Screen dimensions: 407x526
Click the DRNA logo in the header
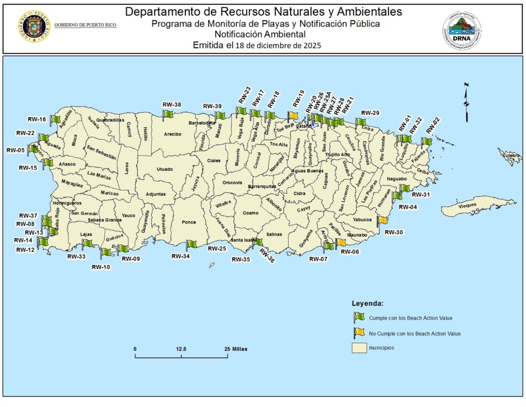(462, 31)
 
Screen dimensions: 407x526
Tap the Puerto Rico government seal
(33, 26)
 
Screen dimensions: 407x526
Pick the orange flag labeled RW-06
(341, 243)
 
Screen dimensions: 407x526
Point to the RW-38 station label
(172, 105)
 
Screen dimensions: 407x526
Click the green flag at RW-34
(191, 244)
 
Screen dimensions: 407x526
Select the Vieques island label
(467, 205)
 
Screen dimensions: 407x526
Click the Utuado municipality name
(165, 169)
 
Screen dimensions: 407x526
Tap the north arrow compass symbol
(466, 102)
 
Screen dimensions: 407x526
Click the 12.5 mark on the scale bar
(181, 349)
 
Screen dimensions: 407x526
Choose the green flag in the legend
(359, 317)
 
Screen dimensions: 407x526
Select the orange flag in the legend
(359, 333)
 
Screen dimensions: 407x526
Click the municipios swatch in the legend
(359, 348)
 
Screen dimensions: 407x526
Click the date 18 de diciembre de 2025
(278, 45)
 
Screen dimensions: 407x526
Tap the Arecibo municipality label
(173, 134)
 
